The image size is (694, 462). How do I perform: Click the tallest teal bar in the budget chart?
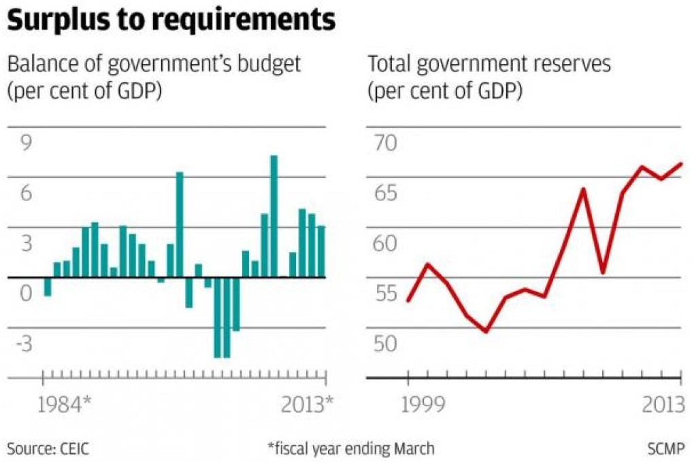pos(274,216)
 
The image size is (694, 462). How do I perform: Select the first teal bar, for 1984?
pos(48,286)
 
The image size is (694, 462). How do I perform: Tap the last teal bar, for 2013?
pos(321,251)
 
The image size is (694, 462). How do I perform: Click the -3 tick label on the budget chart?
pos(24,344)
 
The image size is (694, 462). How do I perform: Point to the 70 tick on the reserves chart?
pos(383,143)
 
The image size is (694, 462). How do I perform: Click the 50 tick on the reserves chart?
pos(383,344)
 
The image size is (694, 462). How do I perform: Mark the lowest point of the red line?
pos(486,332)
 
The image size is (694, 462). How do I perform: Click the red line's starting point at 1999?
pos(408,300)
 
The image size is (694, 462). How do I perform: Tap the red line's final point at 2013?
pos(681,164)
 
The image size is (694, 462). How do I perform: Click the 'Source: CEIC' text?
pos(48,448)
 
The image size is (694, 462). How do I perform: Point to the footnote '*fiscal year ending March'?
pos(350,448)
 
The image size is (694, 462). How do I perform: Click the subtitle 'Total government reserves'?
pos(489,65)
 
